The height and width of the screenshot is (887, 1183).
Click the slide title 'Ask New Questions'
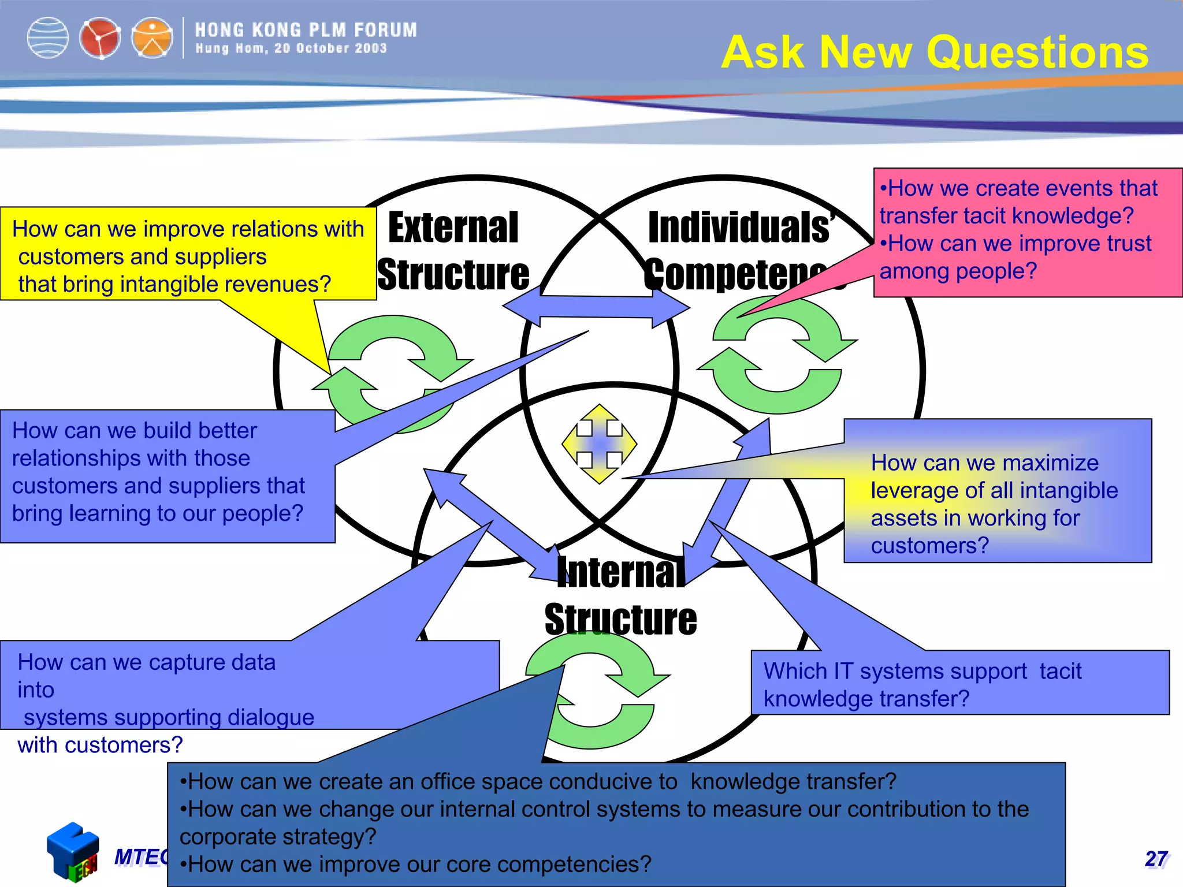tap(935, 52)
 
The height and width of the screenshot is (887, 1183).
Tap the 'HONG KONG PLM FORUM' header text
tap(306, 30)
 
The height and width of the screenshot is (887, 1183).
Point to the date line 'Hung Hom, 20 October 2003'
tap(291, 49)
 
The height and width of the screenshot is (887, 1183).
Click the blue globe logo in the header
tap(47, 38)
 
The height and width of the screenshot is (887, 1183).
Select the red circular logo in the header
tap(100, 38)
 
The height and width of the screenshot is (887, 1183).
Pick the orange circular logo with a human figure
tap(152, 38)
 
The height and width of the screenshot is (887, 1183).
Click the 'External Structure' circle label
tap(453, 251)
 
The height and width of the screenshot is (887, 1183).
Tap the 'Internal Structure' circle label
tap(621, 596)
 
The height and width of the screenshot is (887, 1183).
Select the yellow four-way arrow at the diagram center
tap(600, 443)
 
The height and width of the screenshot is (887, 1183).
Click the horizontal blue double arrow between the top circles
tap(596, 306)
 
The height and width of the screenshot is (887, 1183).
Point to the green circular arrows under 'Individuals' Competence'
tap(777, 355)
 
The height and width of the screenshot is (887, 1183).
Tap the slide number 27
tap(1156, 859)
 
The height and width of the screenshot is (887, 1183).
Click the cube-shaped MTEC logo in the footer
tap(73, 852)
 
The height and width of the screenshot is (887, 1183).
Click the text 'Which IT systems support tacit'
tap(922, 671)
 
